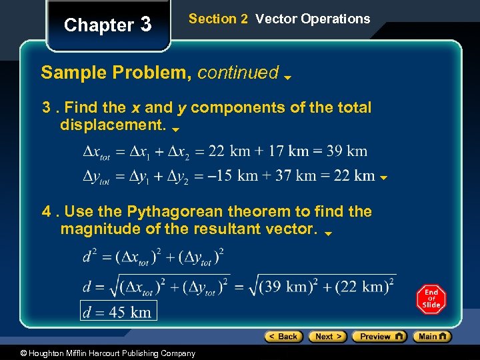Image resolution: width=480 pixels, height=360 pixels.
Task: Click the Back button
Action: (x=283, y=337)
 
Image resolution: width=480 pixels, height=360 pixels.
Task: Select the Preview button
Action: (x=379, y=337)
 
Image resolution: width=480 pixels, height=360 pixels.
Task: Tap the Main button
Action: (x=432, y=337)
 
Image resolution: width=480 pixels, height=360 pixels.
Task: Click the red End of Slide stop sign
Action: (x=431, y=299)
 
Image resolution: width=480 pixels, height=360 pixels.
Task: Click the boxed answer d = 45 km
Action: (x=118, y=311)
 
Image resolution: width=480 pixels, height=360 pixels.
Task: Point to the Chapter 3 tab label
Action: (x=107, y=25)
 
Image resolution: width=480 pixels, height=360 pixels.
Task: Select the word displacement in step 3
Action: (x=113, y=125)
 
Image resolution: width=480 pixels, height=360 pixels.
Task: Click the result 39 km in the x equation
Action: (x=347, y=151)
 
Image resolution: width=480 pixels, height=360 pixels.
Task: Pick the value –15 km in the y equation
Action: (x=233, y=175)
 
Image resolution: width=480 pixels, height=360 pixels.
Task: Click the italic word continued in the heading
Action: (x=238, y=73)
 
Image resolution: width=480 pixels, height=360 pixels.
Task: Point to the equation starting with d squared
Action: (x=153, y=256)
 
